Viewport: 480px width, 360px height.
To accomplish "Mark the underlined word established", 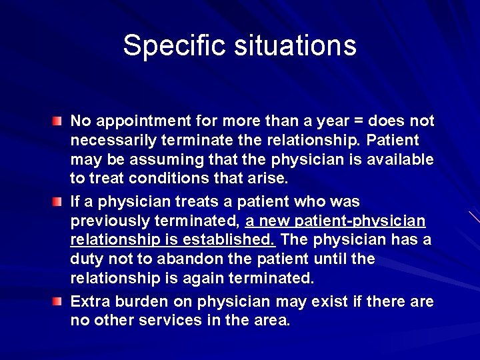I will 234,239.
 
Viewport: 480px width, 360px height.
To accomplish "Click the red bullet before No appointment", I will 59,121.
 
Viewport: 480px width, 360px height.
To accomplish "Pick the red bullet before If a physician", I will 59,201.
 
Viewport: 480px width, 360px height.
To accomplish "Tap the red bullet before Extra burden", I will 59,301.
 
